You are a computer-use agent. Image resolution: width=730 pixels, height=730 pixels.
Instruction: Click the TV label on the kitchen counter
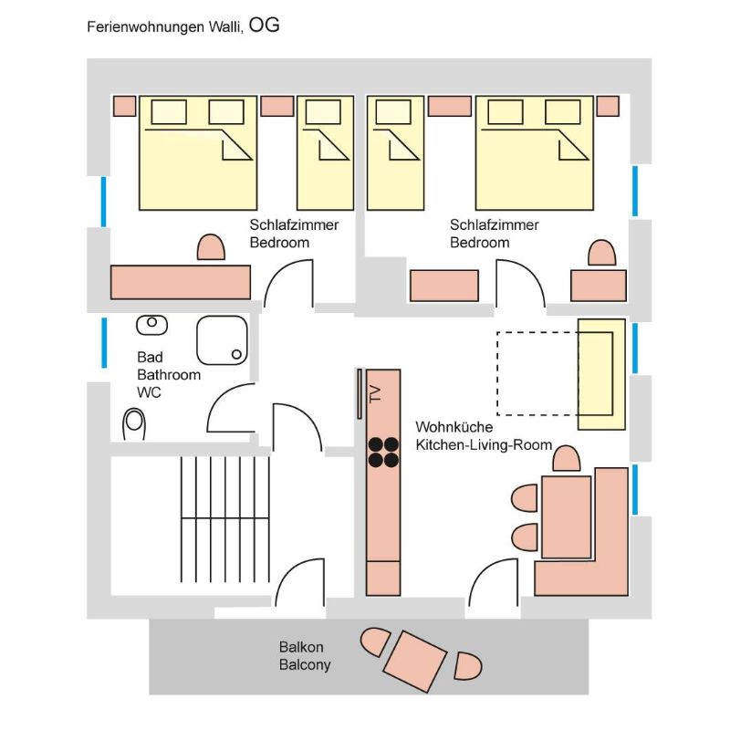tap(375, 394)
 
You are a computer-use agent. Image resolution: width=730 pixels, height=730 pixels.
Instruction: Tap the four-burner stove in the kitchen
tap(383, 452)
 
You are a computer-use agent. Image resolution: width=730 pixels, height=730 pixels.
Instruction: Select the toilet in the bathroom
tap(133, 424)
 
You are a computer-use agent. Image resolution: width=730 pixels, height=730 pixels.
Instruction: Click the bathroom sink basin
tap(151, 325)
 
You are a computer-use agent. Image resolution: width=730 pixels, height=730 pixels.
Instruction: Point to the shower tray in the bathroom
tap(222, 340)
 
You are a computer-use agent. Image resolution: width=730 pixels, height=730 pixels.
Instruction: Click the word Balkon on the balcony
tap(301, 647)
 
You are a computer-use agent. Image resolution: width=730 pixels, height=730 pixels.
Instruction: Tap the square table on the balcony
tap(415, 661)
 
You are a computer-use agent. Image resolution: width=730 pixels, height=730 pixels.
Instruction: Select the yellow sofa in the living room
tap(601, 374)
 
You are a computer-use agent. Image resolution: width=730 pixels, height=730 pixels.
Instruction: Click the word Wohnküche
tap(454, 427)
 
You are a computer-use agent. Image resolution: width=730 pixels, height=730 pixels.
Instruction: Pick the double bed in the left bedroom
tap(198, 153)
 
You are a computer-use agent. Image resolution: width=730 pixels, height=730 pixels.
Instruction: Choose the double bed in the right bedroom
tap(535, 153)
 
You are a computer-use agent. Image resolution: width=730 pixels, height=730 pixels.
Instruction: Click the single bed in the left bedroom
tap(326, 153)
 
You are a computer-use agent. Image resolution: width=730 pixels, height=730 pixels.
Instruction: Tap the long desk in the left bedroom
tap(181, 282)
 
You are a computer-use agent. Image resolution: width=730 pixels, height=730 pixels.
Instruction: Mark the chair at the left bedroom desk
tap(211, 247)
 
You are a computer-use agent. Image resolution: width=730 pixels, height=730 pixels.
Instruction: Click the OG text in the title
tap(264, 25)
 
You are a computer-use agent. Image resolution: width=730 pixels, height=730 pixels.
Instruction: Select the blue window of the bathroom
tap(104, 343)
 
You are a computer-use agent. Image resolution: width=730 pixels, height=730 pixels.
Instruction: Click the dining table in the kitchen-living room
tap(566, 516)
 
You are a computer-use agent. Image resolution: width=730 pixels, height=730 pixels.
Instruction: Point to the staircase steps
tap(225, 519)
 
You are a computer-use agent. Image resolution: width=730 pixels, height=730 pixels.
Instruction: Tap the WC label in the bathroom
tap(149, 392)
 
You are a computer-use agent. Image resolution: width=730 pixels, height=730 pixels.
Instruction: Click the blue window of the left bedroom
tap(104, 202)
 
